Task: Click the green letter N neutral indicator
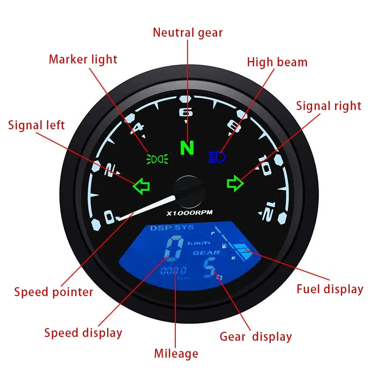tap(187, 149)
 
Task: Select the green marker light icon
tap(157, 159)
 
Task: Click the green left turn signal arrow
tap(141, 185)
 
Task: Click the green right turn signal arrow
tap(235, 183)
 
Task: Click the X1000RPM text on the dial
tap(189, 213)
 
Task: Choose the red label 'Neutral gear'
tap(188, 32)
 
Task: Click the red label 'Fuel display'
tap(329, 289)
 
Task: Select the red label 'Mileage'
tap(176, 353)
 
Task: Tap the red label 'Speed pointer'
tap(54, 292)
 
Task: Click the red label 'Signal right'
tap(329, 106)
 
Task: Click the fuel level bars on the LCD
tap(243, 252)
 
